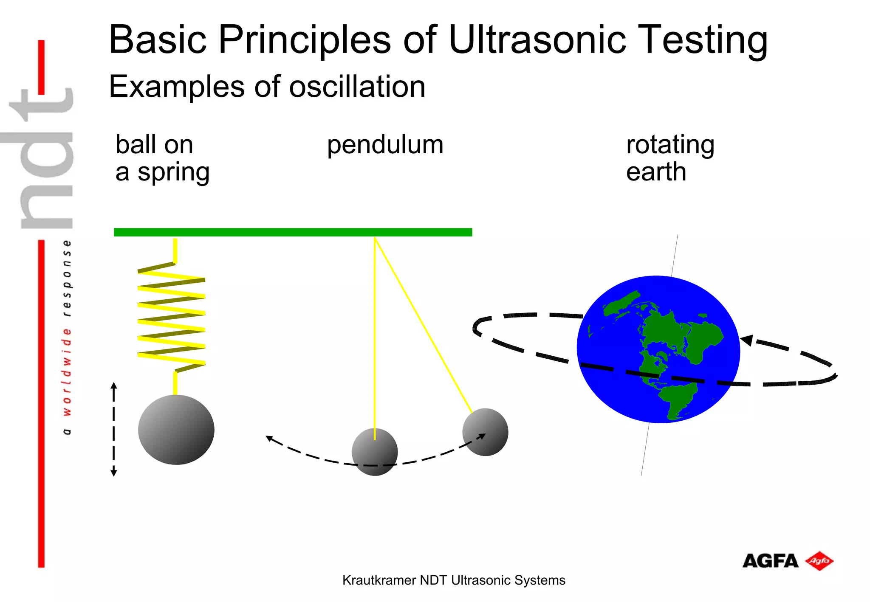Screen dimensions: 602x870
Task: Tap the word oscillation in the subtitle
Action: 357,87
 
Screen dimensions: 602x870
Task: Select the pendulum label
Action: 385,145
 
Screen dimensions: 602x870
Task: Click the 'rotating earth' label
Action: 670,158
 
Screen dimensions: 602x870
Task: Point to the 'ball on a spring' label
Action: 162,158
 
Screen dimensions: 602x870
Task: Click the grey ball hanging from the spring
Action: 176,430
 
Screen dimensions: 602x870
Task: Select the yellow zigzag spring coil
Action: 172,316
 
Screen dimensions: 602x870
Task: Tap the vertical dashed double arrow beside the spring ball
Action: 114,429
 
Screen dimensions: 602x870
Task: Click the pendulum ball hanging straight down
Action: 374,452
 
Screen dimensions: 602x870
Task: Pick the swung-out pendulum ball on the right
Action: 485,432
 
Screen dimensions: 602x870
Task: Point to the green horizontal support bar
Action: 293,232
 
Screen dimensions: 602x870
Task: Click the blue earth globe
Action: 658,349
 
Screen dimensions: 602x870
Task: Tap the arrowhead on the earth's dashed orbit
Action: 747,340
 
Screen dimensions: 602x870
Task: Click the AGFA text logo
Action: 770,561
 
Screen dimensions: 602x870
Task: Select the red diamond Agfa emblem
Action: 819,561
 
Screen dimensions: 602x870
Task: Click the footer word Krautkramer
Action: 379,580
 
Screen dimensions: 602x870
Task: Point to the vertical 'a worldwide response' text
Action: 67,338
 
